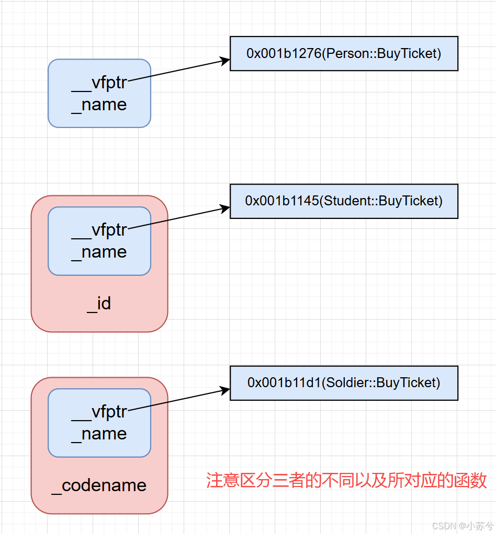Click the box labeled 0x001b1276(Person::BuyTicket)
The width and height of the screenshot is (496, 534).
[344, 53]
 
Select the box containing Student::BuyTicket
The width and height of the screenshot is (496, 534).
[344, 201]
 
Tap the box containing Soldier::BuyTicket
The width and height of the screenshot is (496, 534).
[344, 382]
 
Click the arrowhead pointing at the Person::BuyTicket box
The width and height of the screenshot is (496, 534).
[225, 61]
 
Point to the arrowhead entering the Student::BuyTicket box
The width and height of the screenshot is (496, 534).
[225, 208]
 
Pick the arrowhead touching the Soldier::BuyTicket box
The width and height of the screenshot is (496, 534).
[225, 390]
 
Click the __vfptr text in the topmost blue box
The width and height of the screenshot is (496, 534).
[99, 84]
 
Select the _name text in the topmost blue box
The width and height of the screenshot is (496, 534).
[99, 105]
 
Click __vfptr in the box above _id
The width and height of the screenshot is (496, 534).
[99, 230]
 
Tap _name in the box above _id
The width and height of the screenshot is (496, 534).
[99, 252]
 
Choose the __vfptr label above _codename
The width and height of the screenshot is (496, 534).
[99, 412]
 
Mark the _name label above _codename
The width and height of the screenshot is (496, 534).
[99, 434]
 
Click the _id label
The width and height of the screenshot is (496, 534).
[99, 304]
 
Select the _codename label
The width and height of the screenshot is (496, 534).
[99, 485]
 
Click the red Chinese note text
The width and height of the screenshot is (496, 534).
[346, 480]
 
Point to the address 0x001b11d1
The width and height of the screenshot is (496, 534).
[283, 382]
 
